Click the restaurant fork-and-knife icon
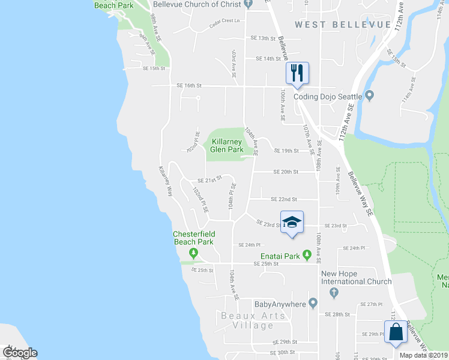click(297, 73)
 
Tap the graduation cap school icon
click(292, 222)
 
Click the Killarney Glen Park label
click(227, 145)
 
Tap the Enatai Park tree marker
click(307, 256)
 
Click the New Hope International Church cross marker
click(335, 292)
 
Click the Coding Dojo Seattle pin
click(370, 96)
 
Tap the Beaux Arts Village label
click(247, 320)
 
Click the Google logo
click(20, 352)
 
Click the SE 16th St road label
click(189, 86)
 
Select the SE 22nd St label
click(284, 199)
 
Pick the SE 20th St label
click(286, 172)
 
